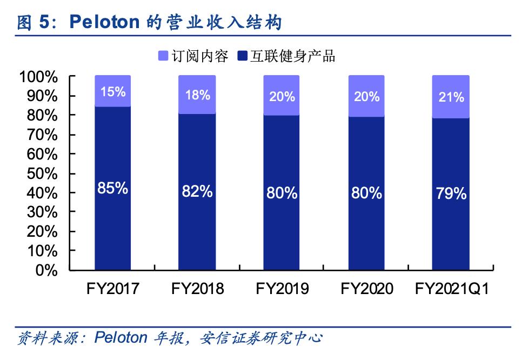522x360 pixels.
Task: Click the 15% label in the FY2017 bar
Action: coord(112,92)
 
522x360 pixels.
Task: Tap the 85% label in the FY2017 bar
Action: coord(112,189)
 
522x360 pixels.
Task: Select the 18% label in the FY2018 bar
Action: coord(197,95)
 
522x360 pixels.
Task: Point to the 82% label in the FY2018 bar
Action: coord(197,191)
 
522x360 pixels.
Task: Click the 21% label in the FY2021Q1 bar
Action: coord(451,97)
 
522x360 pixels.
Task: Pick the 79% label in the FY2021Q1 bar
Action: coord(451,193)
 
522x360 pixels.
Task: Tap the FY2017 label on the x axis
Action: coord(112,289)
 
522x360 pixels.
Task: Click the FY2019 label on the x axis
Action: coord(282,289)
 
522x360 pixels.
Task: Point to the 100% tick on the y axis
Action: coord(38,77)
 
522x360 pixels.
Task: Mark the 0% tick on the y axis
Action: coord(46,270)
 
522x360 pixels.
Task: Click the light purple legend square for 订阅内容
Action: coord(163,56)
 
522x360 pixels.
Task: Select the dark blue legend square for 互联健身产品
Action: coord(243,56)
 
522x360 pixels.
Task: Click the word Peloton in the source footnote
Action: coord(121,338)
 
